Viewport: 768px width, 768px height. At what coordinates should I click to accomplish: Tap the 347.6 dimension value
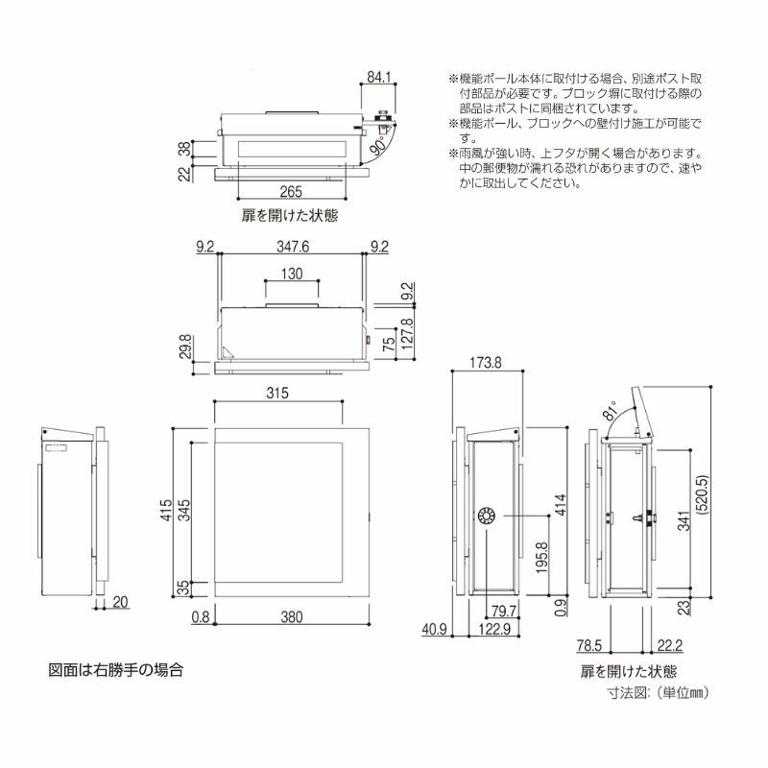[x=292, y=247]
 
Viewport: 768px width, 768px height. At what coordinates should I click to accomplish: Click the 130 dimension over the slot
[x=293, y=274]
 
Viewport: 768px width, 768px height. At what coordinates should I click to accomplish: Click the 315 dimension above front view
[x=277, y=394]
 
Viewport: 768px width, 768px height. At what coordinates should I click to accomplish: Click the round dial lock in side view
[x=486, y=516]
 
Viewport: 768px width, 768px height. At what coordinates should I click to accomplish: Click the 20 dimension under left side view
[x=120, y=602]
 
